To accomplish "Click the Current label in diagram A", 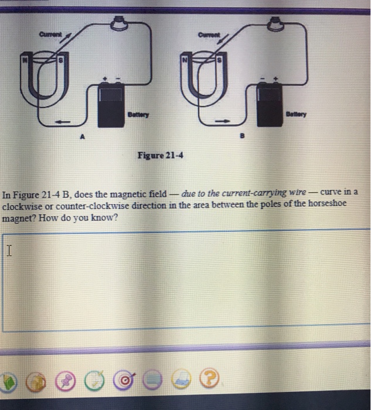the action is (x=50, y=34).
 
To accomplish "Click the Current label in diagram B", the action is (x=209, y=35).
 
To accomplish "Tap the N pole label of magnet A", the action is (x=25, y=60).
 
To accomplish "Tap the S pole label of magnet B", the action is (x=220, y=60).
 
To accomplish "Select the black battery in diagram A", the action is (x=111, y=105).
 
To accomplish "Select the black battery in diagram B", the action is (x=270, y=104).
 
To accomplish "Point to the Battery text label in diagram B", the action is (x=296, y=114).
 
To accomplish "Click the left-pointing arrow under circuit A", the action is (x=62, y=122).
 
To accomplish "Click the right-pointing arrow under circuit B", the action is (x=222, y=121).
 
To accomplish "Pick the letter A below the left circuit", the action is (x=83, y=136).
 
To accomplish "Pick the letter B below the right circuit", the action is (x=242, y=136).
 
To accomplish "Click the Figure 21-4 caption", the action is (x=161, y=155).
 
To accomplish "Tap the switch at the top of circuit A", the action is (x=119, y=22).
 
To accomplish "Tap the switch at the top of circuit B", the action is (x=275, y=23).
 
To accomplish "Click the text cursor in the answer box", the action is (x=9, y=250).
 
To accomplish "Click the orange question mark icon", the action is (x=209, y=377).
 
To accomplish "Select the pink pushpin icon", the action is (x=65, y=381).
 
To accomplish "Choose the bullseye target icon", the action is (x=124, y=380).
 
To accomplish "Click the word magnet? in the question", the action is (x=19, y=218).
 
